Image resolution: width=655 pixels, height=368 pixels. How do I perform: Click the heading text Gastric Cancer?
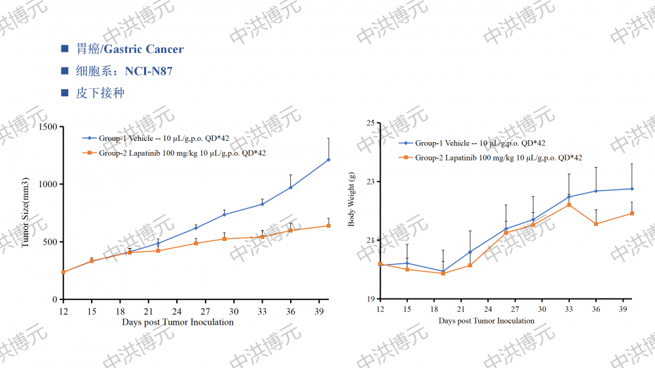pos(144,49)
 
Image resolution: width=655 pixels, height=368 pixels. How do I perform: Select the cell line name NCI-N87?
pos(149,71)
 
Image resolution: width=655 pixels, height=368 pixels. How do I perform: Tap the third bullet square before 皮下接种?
pos(64,93)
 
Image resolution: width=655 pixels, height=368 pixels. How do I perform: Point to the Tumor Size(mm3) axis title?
pos(26,212)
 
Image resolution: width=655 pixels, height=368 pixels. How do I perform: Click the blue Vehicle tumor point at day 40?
pos(328,160)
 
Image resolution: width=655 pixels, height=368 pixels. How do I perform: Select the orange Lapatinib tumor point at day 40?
pos(328,226)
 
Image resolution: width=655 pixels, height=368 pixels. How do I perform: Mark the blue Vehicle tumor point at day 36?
pos(291,187)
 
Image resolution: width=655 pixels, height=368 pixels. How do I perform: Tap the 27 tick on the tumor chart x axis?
pos(205,311)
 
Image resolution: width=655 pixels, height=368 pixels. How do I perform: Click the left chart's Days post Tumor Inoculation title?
pos(178,322)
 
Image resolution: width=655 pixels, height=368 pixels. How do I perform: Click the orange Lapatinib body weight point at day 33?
pos(569,205)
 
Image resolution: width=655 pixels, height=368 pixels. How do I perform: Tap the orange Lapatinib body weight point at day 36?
pos(596,224)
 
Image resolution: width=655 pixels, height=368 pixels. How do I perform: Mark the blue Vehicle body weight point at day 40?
pos(632,189)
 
